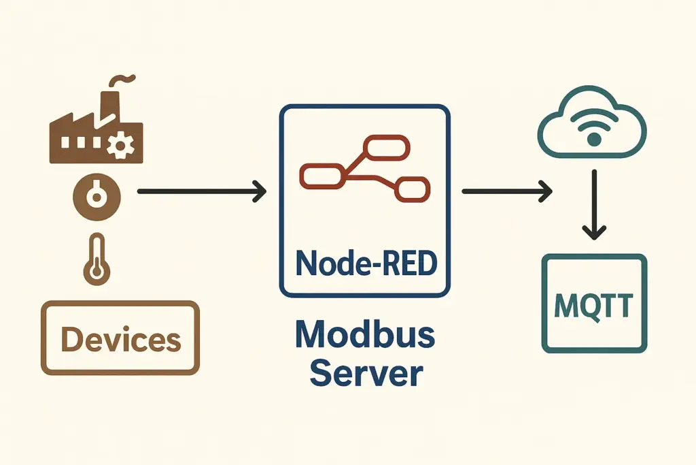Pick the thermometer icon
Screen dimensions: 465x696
click(96, 259)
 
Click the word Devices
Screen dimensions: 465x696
click(121, 339)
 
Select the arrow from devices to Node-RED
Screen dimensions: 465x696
click(201, 192)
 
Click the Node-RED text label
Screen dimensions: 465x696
click(364, 263)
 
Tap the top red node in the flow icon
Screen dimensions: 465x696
click(387, 146)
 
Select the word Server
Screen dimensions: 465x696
click(365, 374)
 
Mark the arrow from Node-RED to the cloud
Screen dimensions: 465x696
click(506, 192)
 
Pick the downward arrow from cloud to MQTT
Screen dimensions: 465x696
click(594, 204)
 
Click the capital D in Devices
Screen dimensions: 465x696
click(73, 339)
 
